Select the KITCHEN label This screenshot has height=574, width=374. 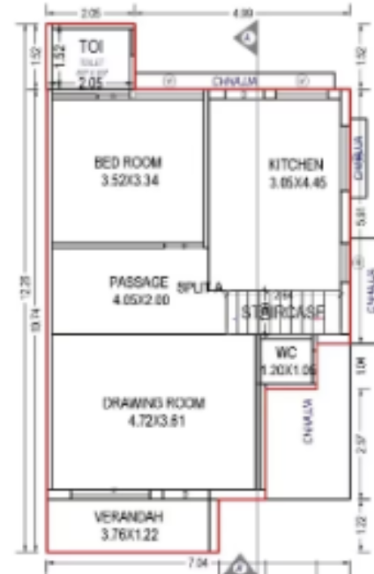point(296,165)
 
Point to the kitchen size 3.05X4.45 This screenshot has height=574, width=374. point(296,183)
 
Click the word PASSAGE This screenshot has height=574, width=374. point(138,282)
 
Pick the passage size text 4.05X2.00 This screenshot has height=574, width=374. point(138,299)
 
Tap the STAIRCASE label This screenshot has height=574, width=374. point(283,312)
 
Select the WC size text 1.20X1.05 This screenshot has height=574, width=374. point(288,372)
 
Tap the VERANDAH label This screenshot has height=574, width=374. point(129,517)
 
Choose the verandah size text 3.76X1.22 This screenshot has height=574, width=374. point(129,534)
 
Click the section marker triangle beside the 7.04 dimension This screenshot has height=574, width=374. point(241,564)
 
